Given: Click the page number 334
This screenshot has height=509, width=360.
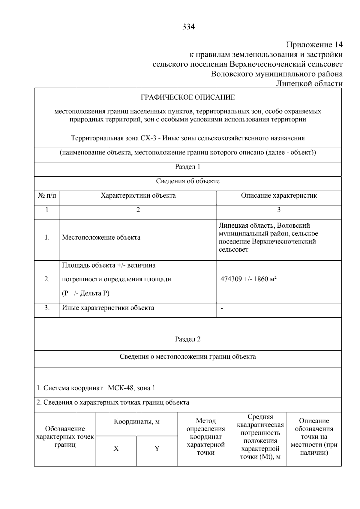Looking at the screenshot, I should click(188, 27).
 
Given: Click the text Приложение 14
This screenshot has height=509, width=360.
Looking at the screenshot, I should click(314, 45).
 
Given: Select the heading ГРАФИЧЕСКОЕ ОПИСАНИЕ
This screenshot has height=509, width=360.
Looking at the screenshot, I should click(188, 97).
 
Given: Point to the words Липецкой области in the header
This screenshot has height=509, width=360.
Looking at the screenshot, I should click(309, 84).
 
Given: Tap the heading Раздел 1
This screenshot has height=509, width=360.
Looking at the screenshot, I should click(187, 167).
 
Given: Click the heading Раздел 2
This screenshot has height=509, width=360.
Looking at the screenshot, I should click(187, 339).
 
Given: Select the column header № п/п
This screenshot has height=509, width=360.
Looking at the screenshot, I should click(47, 196).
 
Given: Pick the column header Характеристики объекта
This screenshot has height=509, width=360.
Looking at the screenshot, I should click(138, 196).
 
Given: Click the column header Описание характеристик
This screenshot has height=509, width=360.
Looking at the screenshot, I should click(279, 196).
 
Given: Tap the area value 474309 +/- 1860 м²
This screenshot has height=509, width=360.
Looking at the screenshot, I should click(248, 279).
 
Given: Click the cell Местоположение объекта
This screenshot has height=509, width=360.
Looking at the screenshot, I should click(101, 238).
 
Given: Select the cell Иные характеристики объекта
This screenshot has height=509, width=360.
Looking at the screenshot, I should click(108, 308).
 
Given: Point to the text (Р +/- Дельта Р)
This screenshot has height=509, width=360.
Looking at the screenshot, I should click(85, 293).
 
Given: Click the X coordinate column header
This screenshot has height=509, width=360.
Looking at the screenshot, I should click(116, 449).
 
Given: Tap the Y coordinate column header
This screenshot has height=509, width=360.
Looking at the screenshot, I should click(157, 449).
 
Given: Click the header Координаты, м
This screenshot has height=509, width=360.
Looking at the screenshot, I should click(136, 422).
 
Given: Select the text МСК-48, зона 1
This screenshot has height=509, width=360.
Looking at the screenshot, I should click(131, 388).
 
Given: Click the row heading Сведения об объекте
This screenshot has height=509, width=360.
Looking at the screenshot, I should click(187, 181).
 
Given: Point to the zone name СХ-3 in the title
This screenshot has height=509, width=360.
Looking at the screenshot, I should click(147, 138).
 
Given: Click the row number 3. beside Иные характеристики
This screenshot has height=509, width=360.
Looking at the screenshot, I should click(47, 308).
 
